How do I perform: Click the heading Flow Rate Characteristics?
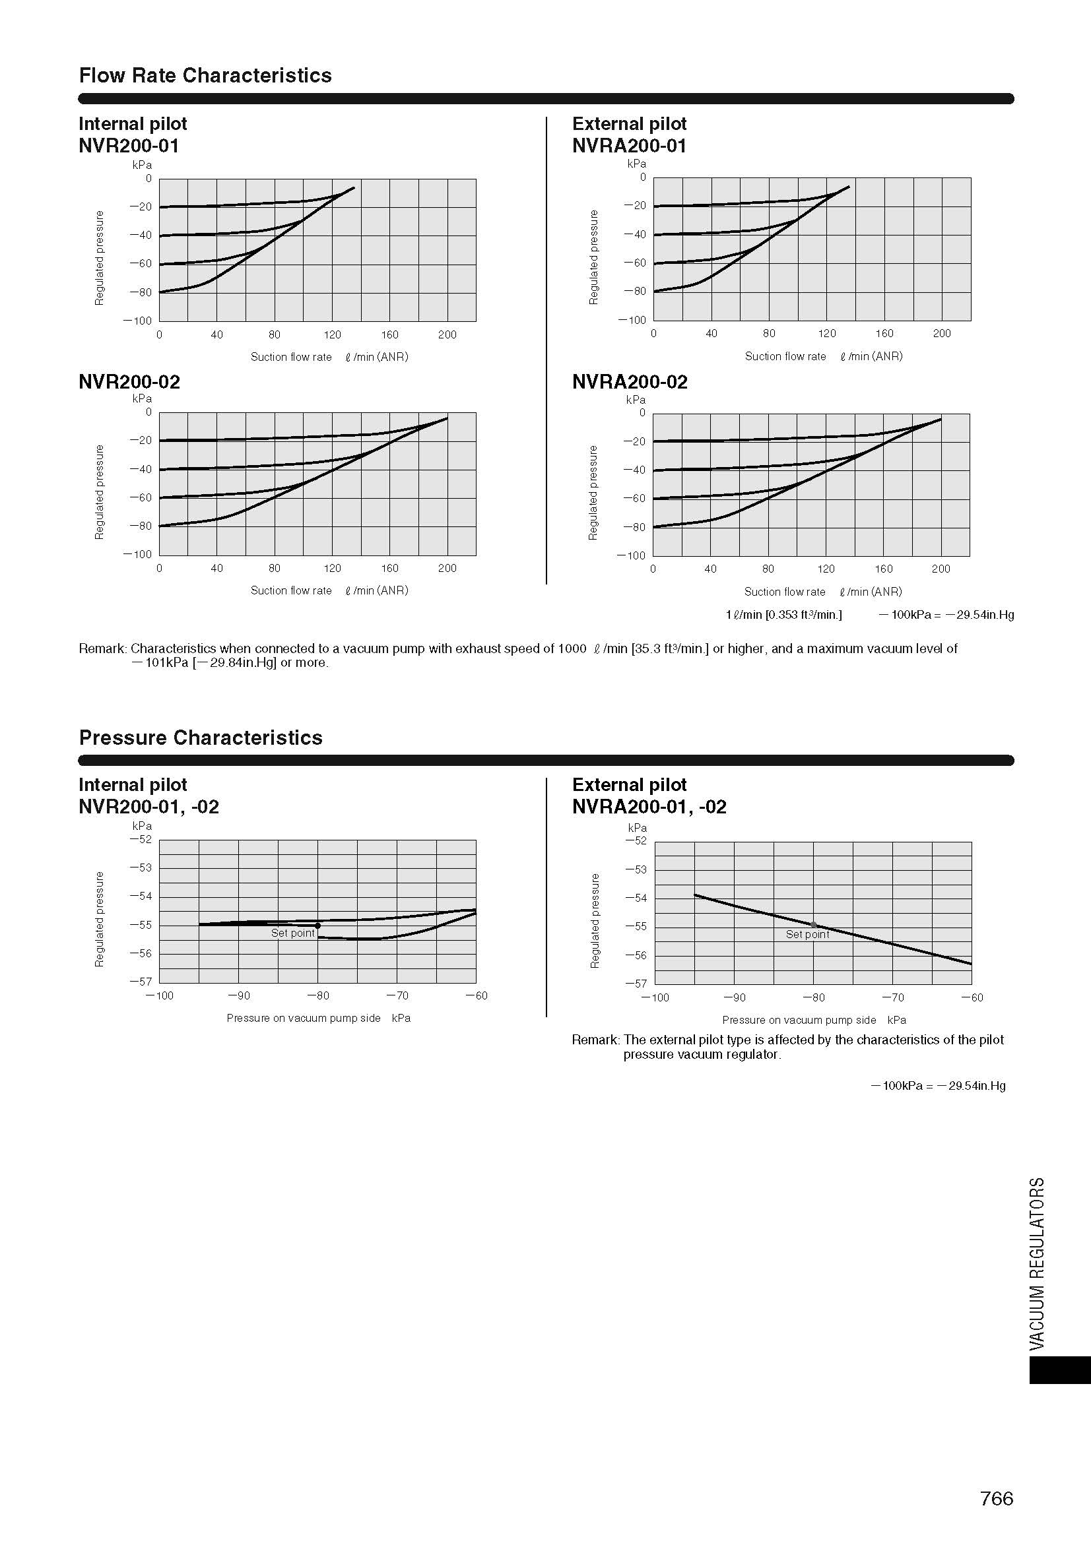205,75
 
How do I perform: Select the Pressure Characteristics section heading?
201,738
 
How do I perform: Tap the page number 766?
996,1498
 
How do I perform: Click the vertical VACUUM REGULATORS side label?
1038,1263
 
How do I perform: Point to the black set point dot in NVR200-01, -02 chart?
318,926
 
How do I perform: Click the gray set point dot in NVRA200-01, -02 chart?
813,925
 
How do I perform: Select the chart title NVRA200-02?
630,382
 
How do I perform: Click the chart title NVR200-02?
129,382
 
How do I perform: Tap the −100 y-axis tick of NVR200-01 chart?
138,321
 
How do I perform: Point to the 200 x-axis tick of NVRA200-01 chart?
942,333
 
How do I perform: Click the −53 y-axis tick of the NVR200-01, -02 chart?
141,867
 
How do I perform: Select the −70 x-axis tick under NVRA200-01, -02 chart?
893,997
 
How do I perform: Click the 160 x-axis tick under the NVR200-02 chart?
390,568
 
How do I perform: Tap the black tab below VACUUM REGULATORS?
1059,1370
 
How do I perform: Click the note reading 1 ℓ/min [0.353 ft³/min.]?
783,614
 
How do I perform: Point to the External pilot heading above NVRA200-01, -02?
629,784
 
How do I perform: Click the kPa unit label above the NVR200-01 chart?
142,165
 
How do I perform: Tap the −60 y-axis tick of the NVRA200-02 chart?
635,498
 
